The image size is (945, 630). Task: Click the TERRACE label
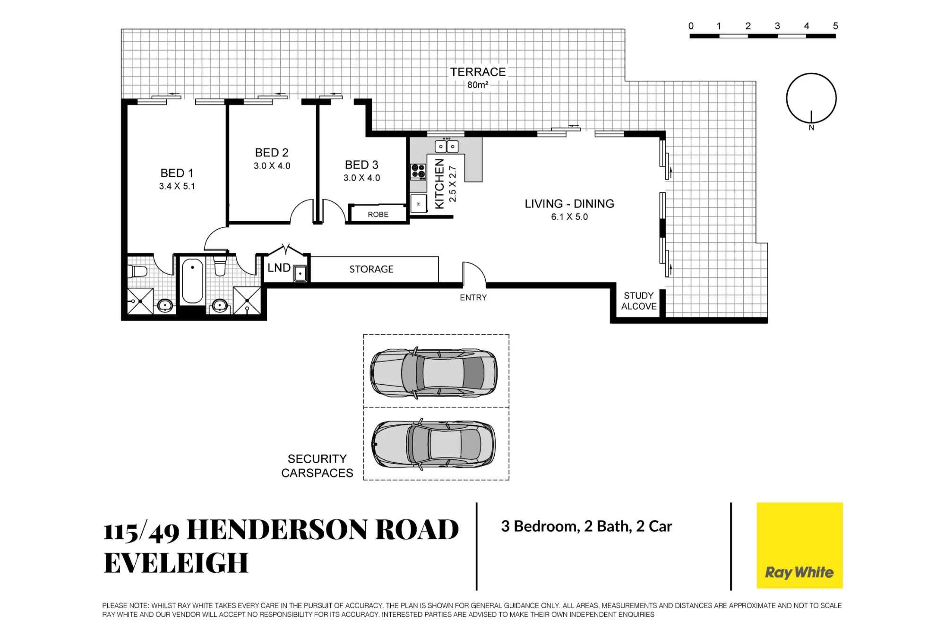[478, 72]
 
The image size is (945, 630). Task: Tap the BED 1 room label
[177, 173]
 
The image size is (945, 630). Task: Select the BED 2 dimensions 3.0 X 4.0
[272, 166]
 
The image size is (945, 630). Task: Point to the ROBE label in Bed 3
[378, 215]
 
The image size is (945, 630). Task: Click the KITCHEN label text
[439, 183]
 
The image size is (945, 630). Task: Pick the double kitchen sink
[447, 147]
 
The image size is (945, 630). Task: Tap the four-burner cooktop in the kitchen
[418, 172]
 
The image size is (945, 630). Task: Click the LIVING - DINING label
[569, 204]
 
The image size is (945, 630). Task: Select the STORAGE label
[371, 269]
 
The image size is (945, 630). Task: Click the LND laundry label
[279, 268]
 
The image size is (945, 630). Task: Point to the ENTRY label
[473, 298]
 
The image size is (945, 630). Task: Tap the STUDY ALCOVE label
[639, 301]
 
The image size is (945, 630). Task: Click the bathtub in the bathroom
[192, 281]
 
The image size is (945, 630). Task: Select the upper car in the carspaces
[434, 372]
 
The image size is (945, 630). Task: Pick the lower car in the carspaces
[434, 444]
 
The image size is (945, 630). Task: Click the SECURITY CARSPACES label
[317, 466]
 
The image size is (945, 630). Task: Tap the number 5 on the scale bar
[835, 26]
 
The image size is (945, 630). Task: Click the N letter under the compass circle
[811, 128]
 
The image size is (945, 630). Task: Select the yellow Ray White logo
[799, 545]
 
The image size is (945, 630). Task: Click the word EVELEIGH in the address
[176, 563]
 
